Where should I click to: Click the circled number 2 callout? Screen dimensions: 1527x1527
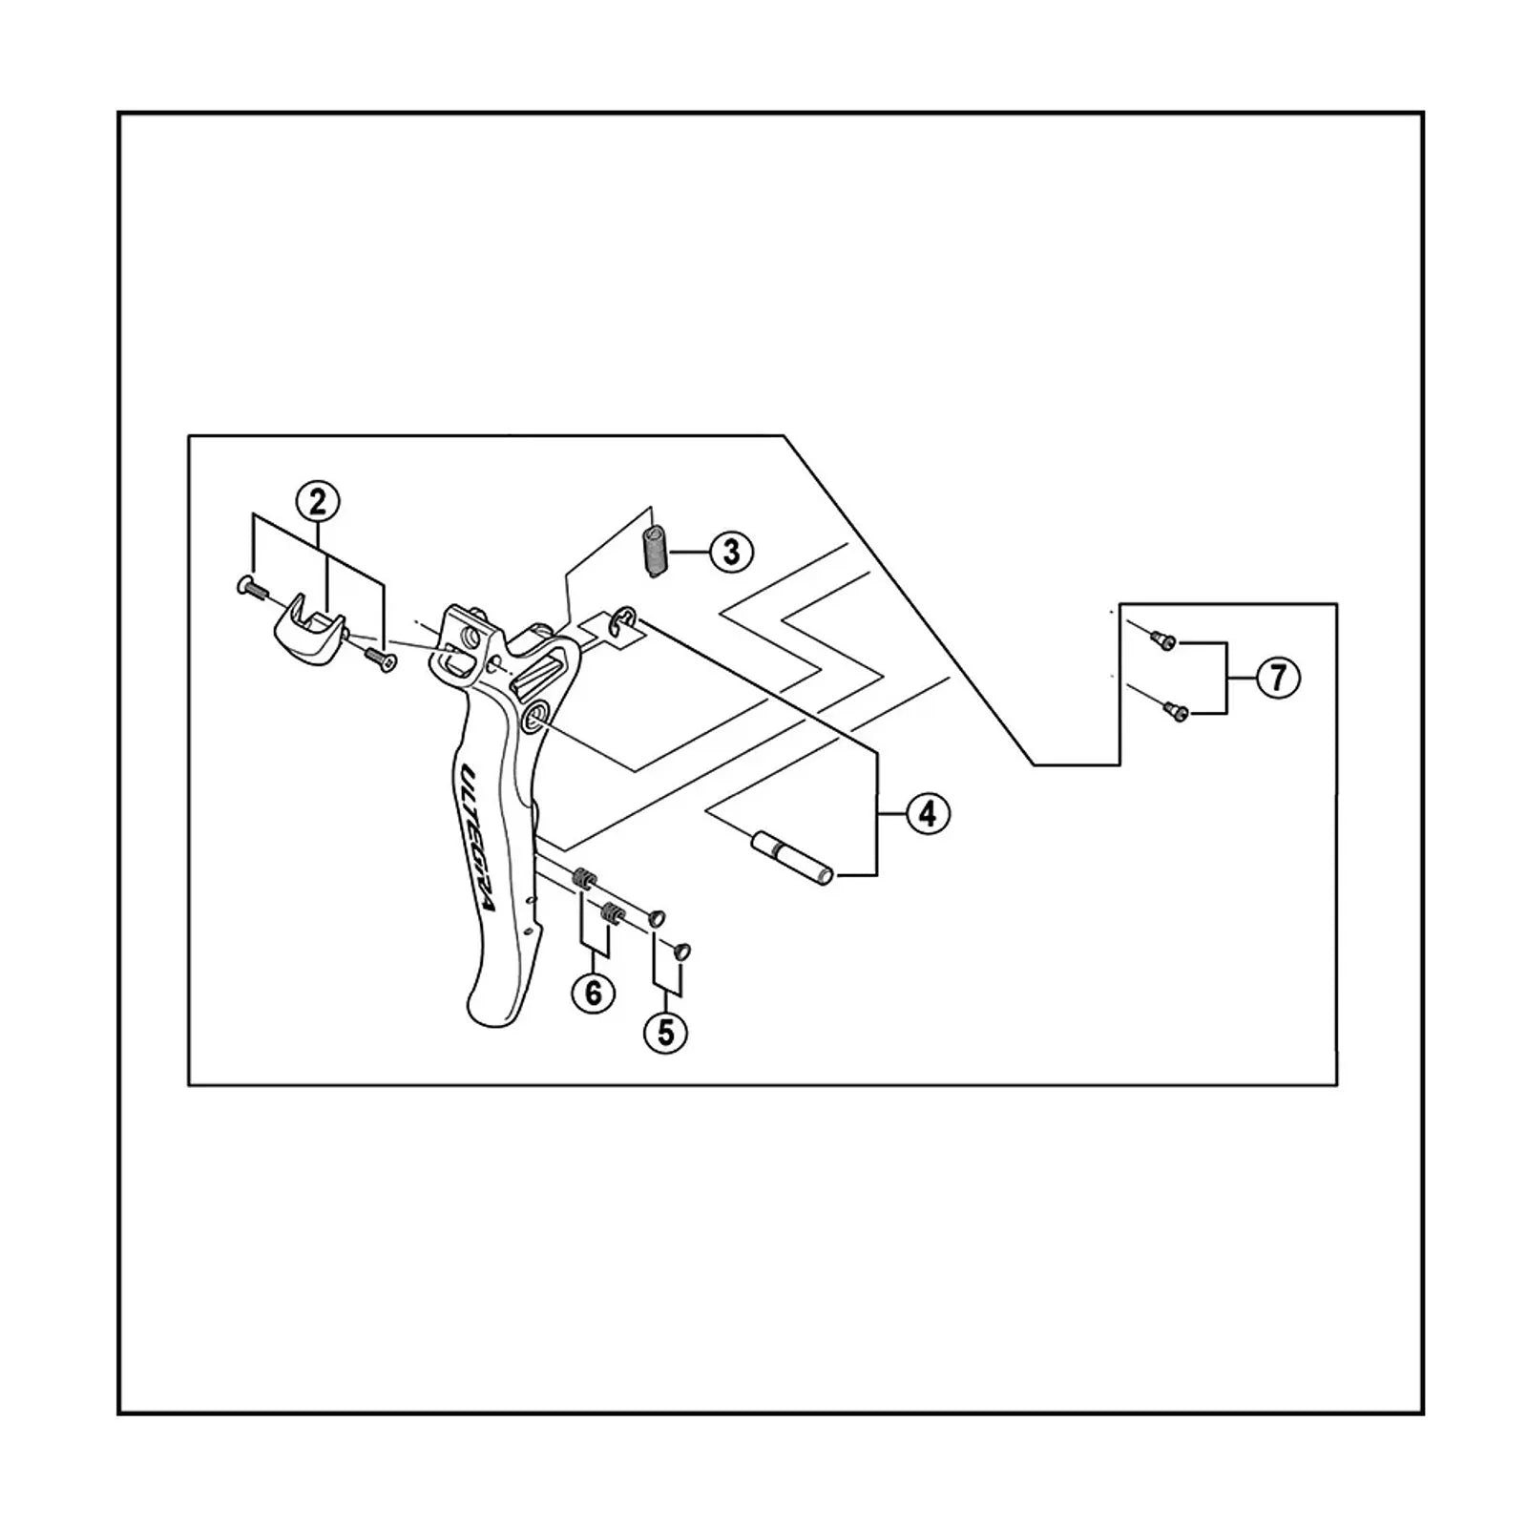(318, 500)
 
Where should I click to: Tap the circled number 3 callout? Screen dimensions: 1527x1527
(732, 552)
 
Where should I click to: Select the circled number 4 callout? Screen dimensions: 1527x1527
(929, 814)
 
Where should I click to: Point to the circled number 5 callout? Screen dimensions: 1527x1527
(666, 1032)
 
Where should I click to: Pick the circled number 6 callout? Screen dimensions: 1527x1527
(594, 994)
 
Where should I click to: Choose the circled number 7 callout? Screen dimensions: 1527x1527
(1278, 678)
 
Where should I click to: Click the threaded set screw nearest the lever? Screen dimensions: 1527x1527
(584, 878)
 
